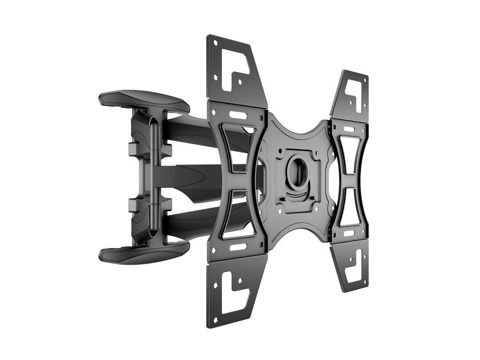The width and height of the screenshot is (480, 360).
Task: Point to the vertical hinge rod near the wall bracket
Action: (154, 178)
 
